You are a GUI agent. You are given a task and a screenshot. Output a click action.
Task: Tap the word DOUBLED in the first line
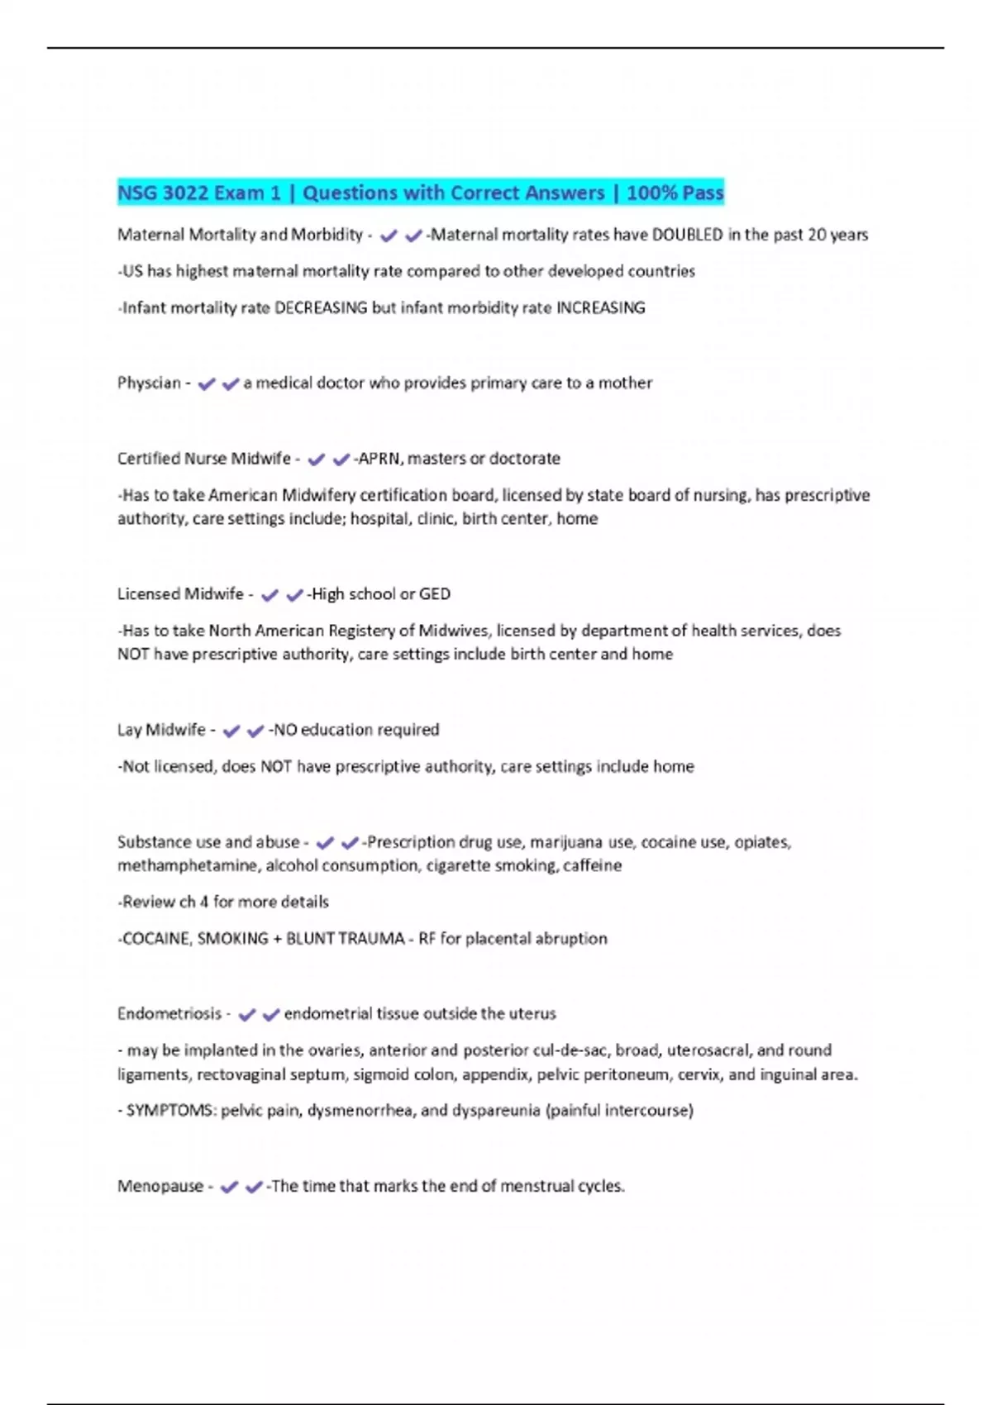[x=687, y=235]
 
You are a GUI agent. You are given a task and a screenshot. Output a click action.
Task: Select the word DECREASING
[x=320, y=308]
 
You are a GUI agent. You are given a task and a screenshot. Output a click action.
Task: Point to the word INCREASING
[x=600, y=308]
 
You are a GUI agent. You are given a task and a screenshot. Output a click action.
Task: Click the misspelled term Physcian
[x=149, y=383]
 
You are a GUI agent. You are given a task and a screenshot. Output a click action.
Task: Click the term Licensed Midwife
[x=180, y=594]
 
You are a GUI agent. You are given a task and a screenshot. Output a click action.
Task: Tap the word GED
[x=435, y=594]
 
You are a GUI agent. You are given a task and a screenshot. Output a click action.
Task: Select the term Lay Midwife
[x=161, y=730]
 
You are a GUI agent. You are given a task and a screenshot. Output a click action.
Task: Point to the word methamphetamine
[x=187, y=865]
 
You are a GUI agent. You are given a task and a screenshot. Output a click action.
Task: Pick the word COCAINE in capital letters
[x=155, y=939]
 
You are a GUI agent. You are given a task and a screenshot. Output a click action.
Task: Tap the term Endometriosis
[x=169, y=1014]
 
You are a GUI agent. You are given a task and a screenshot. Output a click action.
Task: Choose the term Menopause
[x=160, y=1187]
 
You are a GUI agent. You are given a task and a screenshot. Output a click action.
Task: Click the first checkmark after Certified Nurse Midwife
[x=316, y=460]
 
